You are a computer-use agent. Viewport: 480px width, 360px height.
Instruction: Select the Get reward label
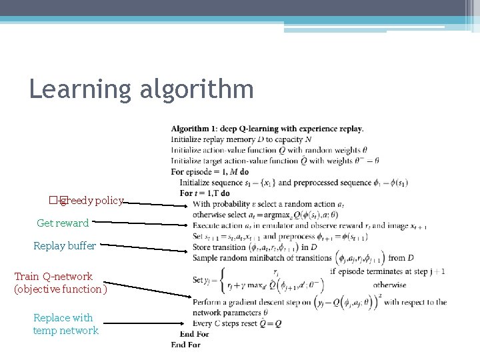click(63, 223)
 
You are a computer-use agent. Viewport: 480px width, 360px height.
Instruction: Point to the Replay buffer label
click(65, 246)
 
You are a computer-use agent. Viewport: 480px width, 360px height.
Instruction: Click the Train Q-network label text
click(53, 276)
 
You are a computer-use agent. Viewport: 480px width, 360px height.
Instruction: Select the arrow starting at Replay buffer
click(144, 248)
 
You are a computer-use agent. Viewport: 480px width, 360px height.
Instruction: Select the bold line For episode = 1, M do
click(210, 171)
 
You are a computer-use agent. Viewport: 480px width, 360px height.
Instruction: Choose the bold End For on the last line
click(185, 344)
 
